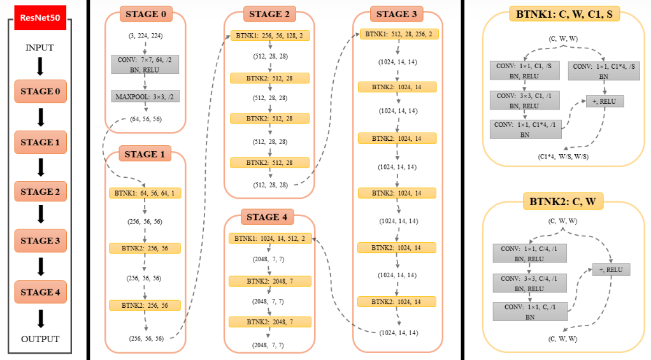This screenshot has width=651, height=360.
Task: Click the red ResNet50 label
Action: click(40, 17)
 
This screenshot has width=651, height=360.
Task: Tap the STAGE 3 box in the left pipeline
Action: click(40, 241)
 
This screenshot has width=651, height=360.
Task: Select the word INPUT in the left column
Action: click(39, 48)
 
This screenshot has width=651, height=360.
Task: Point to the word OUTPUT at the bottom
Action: click(40, 339)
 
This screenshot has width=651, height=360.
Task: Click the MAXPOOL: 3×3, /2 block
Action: click(145, 97)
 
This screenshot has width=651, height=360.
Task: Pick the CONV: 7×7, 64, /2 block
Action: click(145, 64)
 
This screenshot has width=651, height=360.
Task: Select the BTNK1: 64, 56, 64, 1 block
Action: click(145, 193)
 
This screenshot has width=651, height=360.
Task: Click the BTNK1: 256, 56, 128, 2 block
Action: click(270, 36)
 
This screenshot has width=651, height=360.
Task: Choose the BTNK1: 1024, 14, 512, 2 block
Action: click(270, 238)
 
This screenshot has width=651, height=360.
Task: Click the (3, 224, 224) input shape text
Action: click(145, 36)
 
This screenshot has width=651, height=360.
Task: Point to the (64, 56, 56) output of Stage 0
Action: click(146, 119)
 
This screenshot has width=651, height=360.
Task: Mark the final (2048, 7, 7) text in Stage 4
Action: click(268, 345)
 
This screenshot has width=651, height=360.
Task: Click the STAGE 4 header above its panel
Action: click(267, 217)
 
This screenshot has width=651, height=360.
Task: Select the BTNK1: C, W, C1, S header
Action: click(564, 14)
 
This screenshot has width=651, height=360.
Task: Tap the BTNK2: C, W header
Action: click(562, 202)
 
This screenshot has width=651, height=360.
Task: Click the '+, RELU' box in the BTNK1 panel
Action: click(605, 101)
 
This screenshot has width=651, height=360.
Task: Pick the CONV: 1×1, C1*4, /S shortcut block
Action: click(604, 71)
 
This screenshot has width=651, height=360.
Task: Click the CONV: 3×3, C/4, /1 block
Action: click(529, 283)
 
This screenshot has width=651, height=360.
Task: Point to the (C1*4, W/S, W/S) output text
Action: click(563, 157)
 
